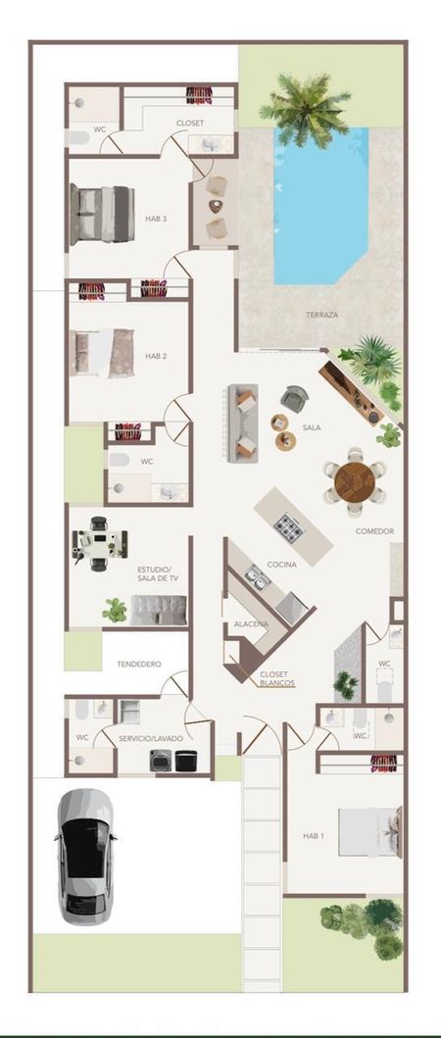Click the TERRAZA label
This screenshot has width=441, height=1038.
tap(321, 315)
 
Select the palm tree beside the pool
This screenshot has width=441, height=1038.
tap(305, 109)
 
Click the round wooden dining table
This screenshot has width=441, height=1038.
tap(354, 482)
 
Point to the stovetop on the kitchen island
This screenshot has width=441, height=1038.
tap(289, 527)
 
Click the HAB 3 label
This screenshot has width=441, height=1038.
tap(156, 219)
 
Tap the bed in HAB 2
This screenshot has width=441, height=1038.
tap(102, 354)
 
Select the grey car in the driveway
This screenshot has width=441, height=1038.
tap(85, 856)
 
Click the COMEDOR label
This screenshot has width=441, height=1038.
tap(374, 531)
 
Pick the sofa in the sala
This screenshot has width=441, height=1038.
tap(242, 423)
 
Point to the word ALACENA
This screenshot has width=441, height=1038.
tap(251, 624)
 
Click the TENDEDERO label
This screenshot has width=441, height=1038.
tap(139, 664)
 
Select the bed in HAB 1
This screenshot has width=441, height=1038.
tap(370, 831)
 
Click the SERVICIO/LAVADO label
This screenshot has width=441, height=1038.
tap(151, 737)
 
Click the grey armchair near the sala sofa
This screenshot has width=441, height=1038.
tap(294, 399)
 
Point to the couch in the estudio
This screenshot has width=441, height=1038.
tap(158, 610)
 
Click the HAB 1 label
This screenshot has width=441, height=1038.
tap(314, 835)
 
